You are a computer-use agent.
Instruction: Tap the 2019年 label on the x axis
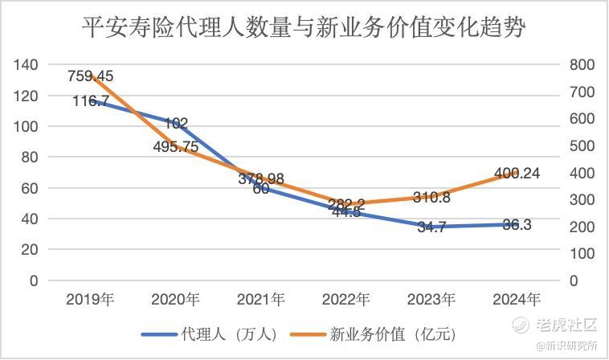click(x=91, y=300)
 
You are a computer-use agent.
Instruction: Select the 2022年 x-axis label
click(x=345, y=300)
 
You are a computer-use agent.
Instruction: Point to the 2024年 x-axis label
click(x=516, y=300)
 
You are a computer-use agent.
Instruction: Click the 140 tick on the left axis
click(x=27, y=65)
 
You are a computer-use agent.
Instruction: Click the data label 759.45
click(x=91, y=77)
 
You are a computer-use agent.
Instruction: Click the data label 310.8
click(x=431, y=197)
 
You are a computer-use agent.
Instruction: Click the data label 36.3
click(x=516, y=226)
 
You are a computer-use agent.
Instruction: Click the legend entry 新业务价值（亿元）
click(x=394, y=333)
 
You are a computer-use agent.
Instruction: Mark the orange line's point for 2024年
click(x=516, y=173)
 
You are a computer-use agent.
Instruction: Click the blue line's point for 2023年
click(x=431, y=227)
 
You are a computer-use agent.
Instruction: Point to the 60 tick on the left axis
click(x=30, y=188)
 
